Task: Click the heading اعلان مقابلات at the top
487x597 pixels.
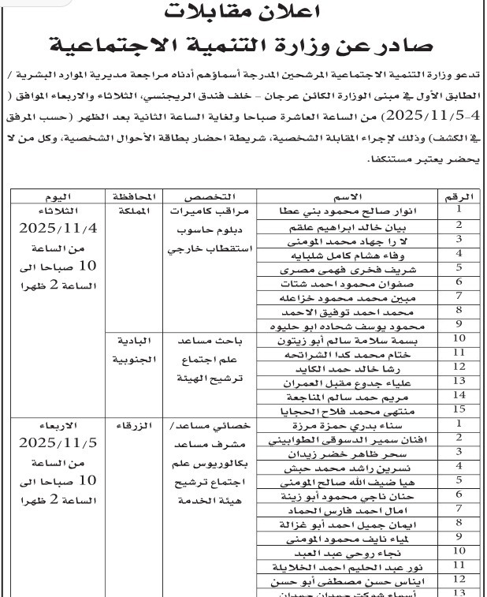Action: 245,11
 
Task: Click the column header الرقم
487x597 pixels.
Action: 459,196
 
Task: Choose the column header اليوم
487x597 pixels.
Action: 59,196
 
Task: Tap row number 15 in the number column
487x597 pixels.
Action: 458,409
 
